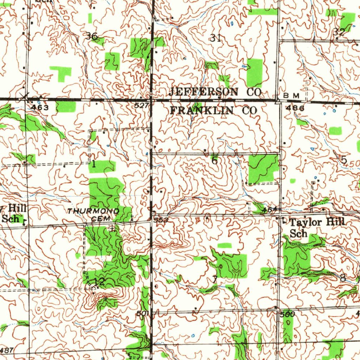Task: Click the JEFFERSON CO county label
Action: (x=215, y=92)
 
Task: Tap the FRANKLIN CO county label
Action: (x=213, y=110)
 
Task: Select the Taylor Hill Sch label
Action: (x=317, y=227)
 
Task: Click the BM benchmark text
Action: (x=292, y=96)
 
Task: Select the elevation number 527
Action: (x=141, y=105)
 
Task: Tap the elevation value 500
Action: (x=287, y=314)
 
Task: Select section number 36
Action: (x=92, y=36)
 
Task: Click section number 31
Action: (x=215, y=38)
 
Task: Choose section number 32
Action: (x=339, y=32)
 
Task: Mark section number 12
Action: (x=99, y=281)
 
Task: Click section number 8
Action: (x=343, y=278)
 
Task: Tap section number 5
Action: (x=344, y=160)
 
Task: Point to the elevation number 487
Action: (x=7, y=350)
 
